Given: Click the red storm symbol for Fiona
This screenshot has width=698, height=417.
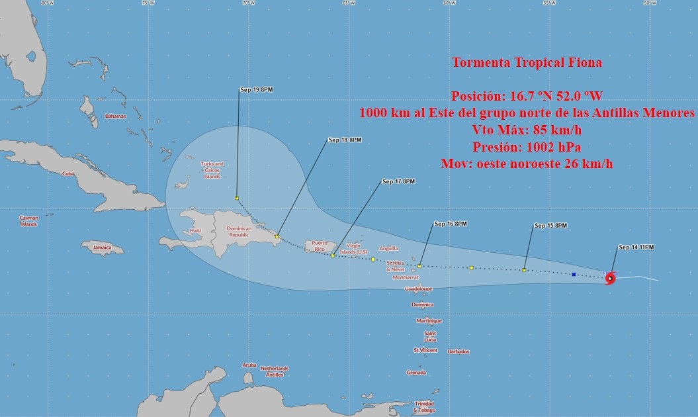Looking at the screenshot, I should click(610, 279).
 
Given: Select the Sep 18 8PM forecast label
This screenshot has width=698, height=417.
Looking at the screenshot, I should click(345, 140).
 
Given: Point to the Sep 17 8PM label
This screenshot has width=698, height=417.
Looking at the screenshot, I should click(399, 181).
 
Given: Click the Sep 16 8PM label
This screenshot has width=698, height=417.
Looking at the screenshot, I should click(451, 224).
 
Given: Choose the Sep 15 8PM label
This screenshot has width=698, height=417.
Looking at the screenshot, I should click(550, 226).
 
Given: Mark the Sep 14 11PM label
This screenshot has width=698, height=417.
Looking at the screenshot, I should click(636, 248).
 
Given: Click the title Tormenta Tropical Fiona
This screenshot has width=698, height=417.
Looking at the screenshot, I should click(527, 63).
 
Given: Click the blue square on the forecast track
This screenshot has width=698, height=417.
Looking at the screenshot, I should click(574, 274).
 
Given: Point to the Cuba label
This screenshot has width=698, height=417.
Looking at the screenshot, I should click(67, 173).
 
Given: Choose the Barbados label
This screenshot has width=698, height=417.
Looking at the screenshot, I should click(458, 351).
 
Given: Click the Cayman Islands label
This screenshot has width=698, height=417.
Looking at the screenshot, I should click(28, 220).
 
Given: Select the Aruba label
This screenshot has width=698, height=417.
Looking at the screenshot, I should click(249, 365).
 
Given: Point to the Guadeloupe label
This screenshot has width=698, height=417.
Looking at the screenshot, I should click(417, 289).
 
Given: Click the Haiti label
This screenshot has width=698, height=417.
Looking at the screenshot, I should click(195, 230).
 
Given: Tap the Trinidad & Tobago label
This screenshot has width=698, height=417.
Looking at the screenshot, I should click(424, 406).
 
